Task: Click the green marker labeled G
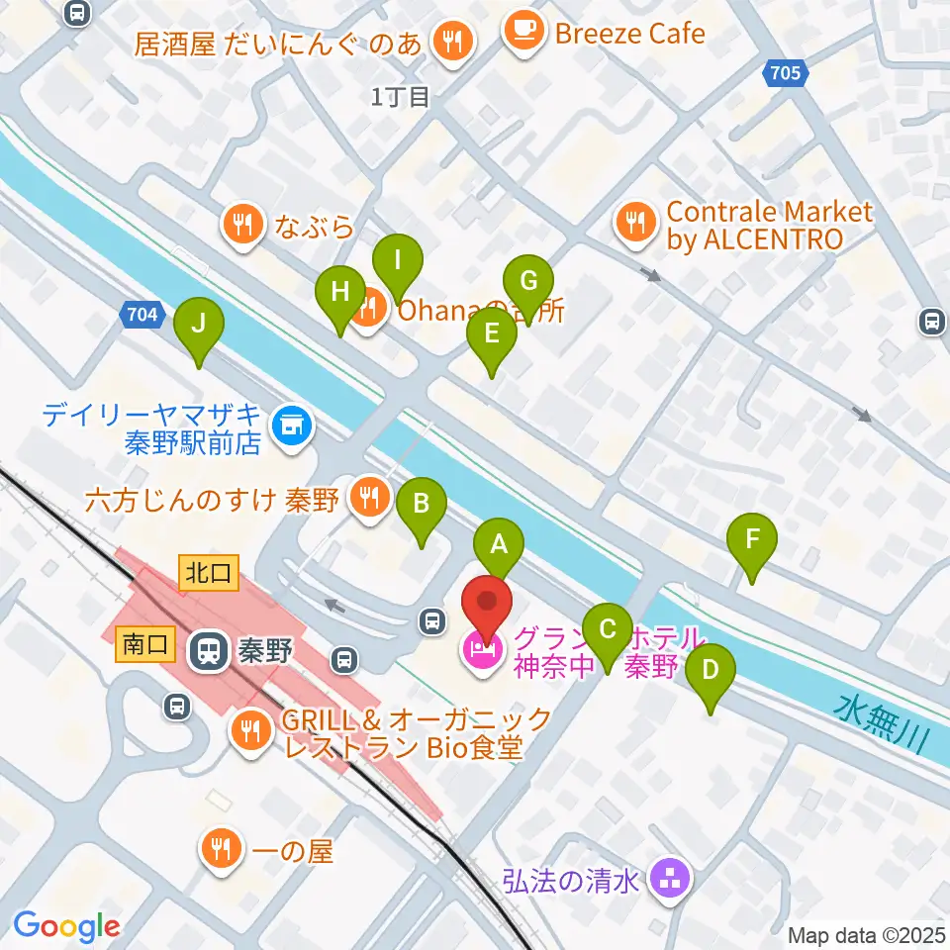coord(528,283)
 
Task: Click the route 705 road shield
coord(786,72)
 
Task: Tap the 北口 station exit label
coord(209,573)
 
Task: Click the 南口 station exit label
coord(145,645)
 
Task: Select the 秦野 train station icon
coord(209,650)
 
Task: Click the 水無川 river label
coord(887,724)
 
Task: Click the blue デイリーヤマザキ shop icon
coord(292,427)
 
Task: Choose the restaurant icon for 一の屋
coord(220,849)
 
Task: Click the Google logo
coord(66,926)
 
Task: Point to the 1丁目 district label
coord(401,96)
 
